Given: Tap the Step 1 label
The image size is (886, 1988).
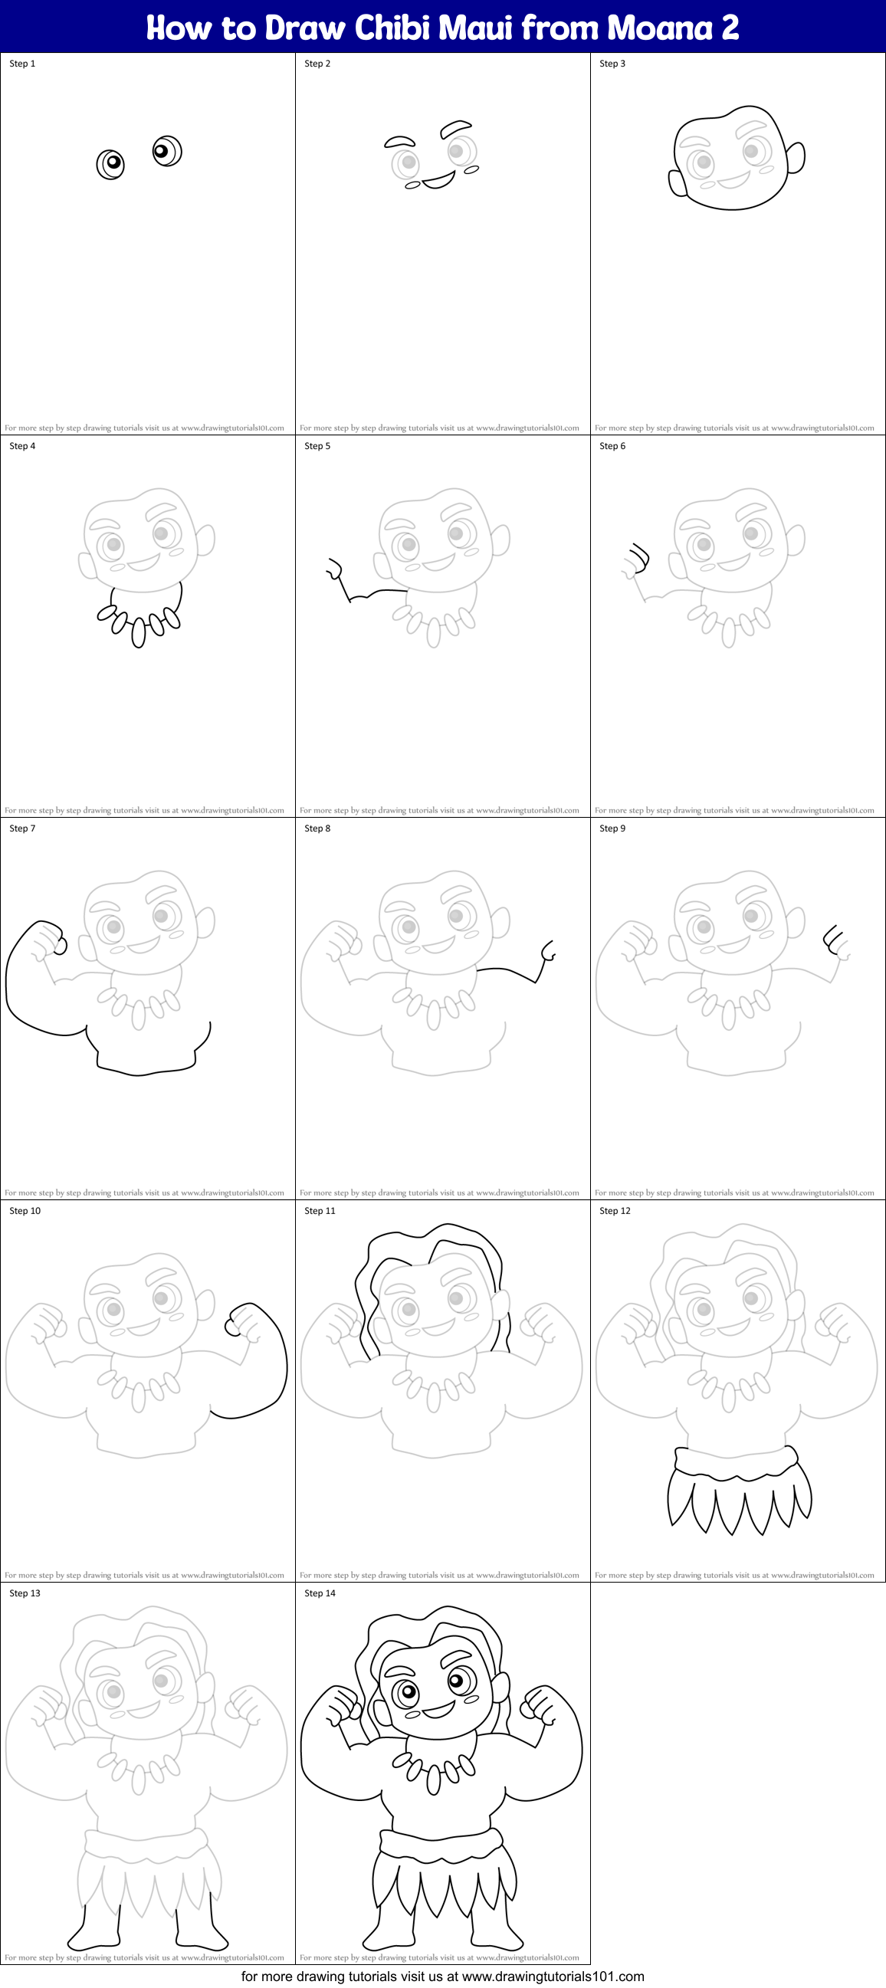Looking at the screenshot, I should (x=22, y=64).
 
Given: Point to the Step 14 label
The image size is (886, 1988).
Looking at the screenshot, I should (x=320, y=1593).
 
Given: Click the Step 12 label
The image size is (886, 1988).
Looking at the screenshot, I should (x=615, y=1211).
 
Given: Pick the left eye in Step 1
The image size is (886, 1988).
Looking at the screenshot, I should (x=110, y=163).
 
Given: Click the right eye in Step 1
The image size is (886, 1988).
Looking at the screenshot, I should (x=167, y=151).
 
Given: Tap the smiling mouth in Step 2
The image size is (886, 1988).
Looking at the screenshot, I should (x=438, y=181).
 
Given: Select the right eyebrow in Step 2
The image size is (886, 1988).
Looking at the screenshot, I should (x=456, y=126).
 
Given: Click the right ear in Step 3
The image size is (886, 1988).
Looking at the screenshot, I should (x=796, y=157).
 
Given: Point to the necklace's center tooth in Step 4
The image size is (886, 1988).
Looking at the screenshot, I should (x=139, y=632).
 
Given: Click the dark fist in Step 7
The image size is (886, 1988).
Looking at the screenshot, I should (x=47, y=938).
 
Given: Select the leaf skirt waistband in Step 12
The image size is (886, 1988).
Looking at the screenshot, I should (x=736, y=1461).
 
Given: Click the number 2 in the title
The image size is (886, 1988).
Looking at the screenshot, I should (x=730, y=28).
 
